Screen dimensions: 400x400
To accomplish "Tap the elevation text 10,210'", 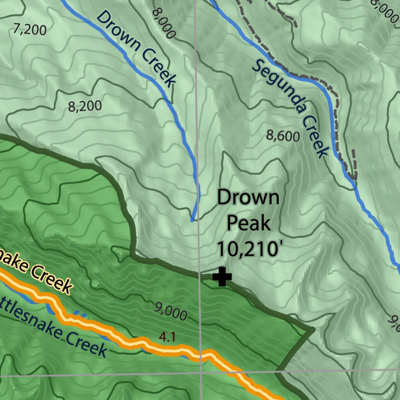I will click(247, 249).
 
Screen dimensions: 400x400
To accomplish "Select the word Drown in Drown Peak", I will click(248, 198).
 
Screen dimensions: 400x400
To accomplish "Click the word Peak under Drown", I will click(248, 223).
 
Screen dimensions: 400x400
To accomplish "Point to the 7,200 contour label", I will click(30, 30).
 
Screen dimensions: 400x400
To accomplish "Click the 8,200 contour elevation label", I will click(85, 106).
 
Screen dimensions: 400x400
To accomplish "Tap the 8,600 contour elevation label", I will click(283, 136).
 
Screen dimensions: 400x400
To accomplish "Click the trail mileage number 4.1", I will click(167, 337).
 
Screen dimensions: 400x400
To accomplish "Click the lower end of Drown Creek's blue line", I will click(192, 220).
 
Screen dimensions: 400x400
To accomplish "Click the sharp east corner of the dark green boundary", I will click(313, 330).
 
